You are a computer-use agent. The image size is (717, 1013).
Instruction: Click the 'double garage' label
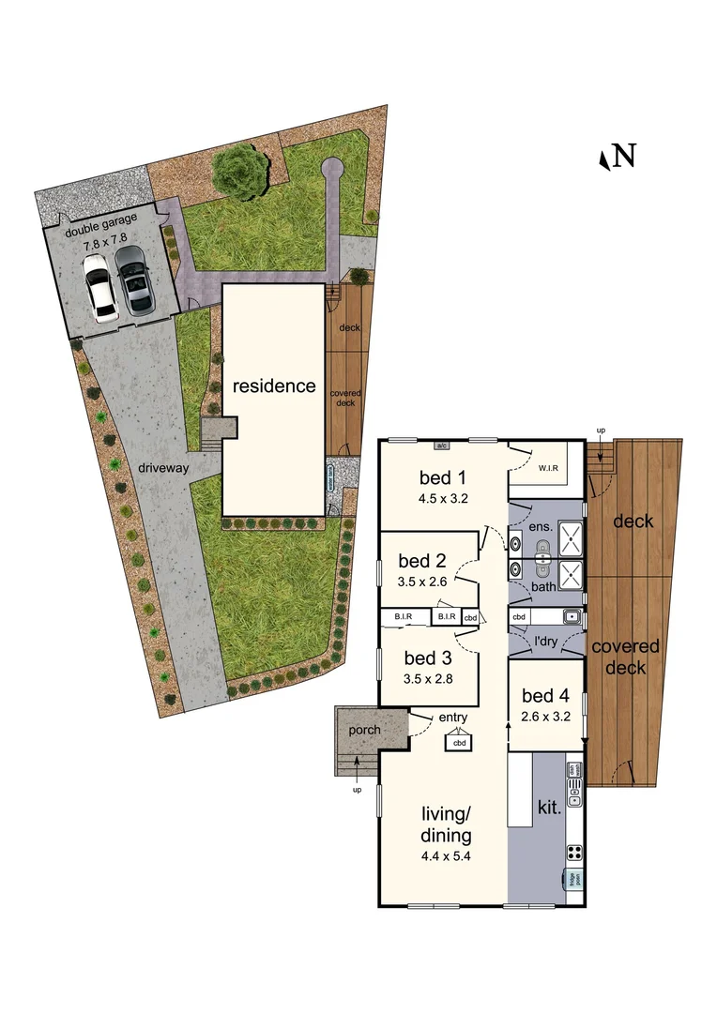[100, 219]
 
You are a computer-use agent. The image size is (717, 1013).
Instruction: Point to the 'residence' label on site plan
[274, 386]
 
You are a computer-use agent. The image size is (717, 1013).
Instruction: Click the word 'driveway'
[165, 466]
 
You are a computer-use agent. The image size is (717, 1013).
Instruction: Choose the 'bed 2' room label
[421, 562]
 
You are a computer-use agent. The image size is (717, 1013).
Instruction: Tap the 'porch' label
[362, 730]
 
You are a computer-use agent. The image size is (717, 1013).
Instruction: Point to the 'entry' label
[453, 718]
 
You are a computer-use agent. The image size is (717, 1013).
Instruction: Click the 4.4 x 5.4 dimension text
[445, 855]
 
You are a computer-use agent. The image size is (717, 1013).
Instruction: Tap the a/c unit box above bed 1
[442, 445]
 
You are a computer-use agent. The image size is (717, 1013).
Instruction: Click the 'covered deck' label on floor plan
[625, 657]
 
